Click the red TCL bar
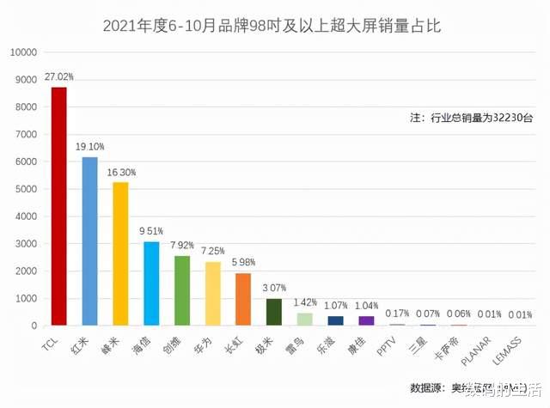point(58,206)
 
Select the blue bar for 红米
point(89,241)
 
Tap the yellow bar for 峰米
point(120,254)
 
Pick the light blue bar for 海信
point(151,283)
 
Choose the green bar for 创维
point(182,290)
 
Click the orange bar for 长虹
point(243,300)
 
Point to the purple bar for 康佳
point(366,320)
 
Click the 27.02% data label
point(59,75)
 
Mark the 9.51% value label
point(152,231)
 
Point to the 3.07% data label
point(275,287)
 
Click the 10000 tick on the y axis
point(22,52)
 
